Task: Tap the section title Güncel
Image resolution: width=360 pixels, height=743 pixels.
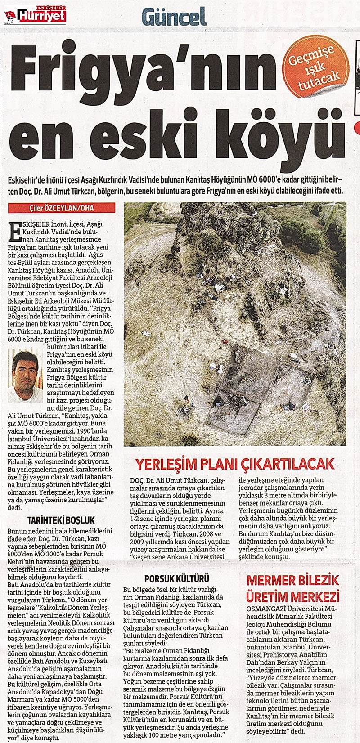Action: (174, 18)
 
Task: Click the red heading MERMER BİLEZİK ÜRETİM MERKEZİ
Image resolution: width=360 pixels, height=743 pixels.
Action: (292, 588)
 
